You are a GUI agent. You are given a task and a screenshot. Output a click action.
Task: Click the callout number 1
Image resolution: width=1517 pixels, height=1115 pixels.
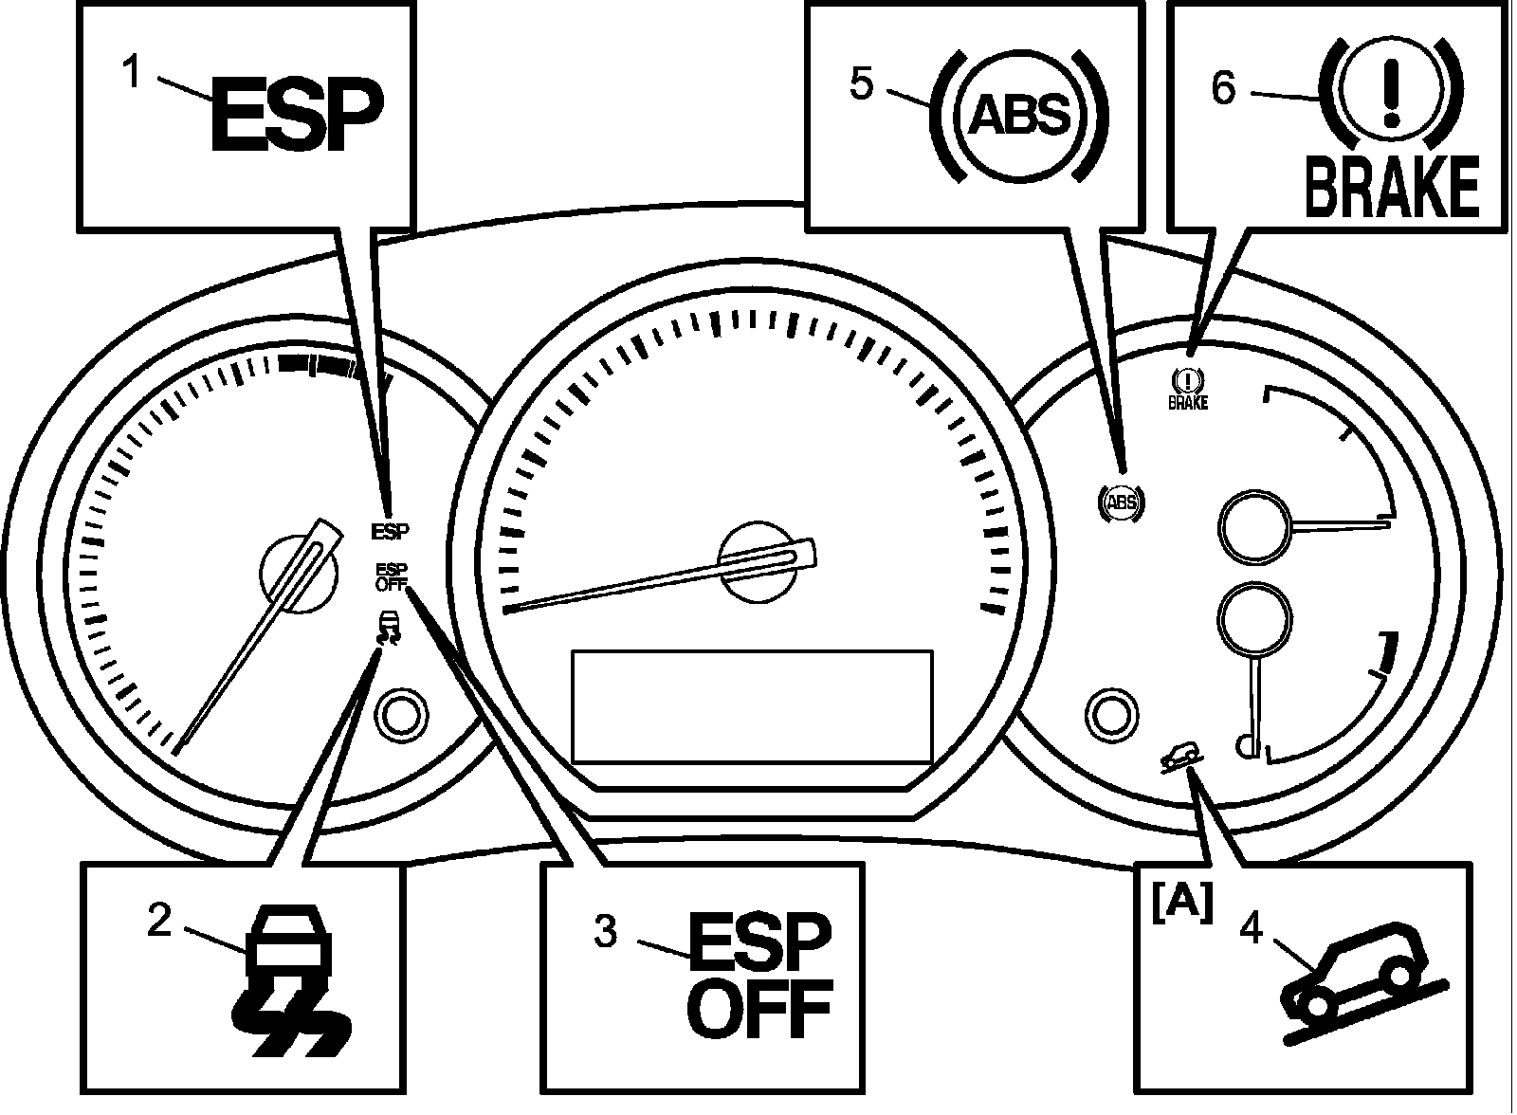133,73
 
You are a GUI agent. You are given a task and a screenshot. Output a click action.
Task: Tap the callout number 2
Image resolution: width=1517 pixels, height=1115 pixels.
160,921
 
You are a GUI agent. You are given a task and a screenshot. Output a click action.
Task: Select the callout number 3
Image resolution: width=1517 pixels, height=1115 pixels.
606,931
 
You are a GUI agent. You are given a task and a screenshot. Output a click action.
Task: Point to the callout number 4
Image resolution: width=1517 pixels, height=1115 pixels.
1251,927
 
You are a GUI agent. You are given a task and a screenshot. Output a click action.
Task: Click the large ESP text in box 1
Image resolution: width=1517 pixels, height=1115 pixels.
298,114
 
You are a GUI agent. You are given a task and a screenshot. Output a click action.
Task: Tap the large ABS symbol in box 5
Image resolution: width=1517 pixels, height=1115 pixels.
1020,114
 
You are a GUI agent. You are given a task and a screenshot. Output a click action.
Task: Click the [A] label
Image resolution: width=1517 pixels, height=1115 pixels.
1181,905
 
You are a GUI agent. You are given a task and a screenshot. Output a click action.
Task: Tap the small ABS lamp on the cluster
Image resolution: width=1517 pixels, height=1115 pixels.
1121,503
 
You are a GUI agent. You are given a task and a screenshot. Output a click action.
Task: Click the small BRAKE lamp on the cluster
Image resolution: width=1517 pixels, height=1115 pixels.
1188,388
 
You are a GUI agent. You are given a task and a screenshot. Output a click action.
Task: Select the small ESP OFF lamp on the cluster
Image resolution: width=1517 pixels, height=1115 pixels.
392,577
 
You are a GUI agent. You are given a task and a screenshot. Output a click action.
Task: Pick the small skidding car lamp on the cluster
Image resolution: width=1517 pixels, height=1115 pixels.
388,628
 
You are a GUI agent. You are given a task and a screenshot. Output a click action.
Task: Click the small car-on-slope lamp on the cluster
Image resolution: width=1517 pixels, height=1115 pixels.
1181,758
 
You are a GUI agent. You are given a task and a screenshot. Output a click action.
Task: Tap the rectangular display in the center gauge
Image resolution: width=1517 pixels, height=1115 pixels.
752,706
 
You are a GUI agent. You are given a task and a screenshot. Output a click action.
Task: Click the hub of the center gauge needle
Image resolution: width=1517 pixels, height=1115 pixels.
758,561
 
